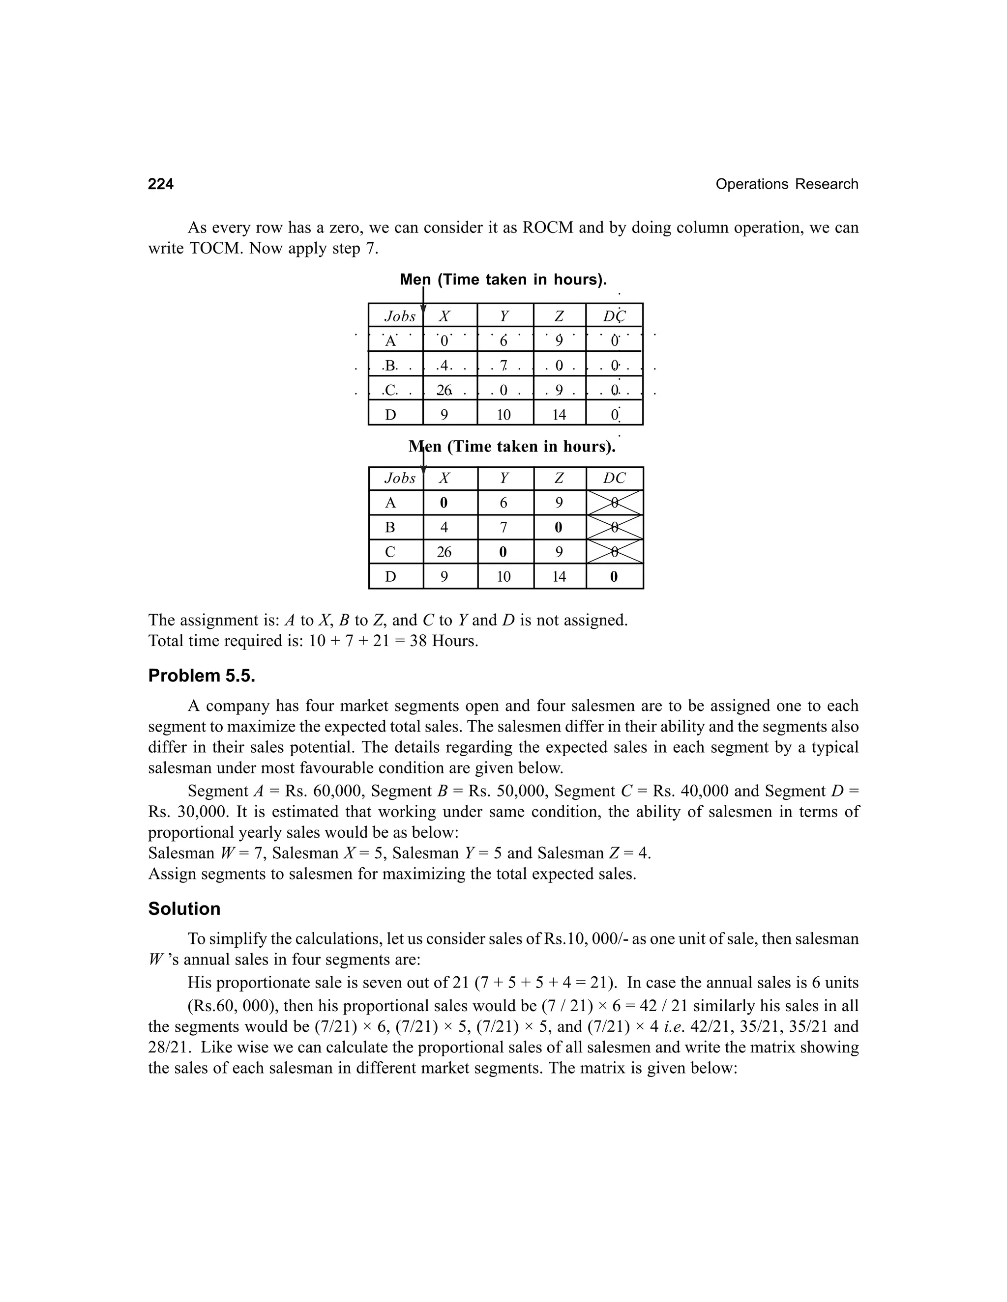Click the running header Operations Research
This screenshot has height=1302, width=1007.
click(x=786, y=184)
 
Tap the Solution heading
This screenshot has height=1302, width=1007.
click(x=184, y=908)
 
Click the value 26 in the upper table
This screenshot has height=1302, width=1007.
click(x=444, y=391)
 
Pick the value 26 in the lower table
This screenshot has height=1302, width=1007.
click(x=444, y=552)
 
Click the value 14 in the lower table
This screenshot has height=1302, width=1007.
click(x=559, y=576)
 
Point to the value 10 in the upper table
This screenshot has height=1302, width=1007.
click(x=503, y=415)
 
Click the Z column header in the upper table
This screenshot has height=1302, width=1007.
click(x=559, y=316)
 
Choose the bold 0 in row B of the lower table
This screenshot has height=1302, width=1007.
click(x=559, y=528)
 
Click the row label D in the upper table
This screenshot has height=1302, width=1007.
click(x=391, y=415)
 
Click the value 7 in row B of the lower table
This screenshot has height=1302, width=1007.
click(x=503, y=528)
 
